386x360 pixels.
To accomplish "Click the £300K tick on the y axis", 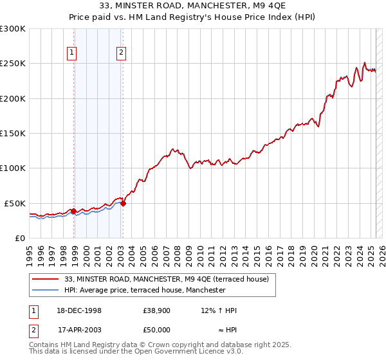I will [13, 29].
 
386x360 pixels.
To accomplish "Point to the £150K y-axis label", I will [13, 134].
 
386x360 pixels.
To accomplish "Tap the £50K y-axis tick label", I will [15, 203].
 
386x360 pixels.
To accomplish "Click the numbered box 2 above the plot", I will [121, 53].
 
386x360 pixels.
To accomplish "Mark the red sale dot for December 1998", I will [74, 211].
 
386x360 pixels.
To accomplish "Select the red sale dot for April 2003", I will [123, 203].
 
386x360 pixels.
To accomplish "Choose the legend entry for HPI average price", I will [145, 290].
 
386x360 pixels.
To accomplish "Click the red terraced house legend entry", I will [170, 279].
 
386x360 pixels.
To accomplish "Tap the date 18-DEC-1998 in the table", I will [80, 310].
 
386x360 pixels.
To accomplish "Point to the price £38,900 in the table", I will [156, 310].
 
